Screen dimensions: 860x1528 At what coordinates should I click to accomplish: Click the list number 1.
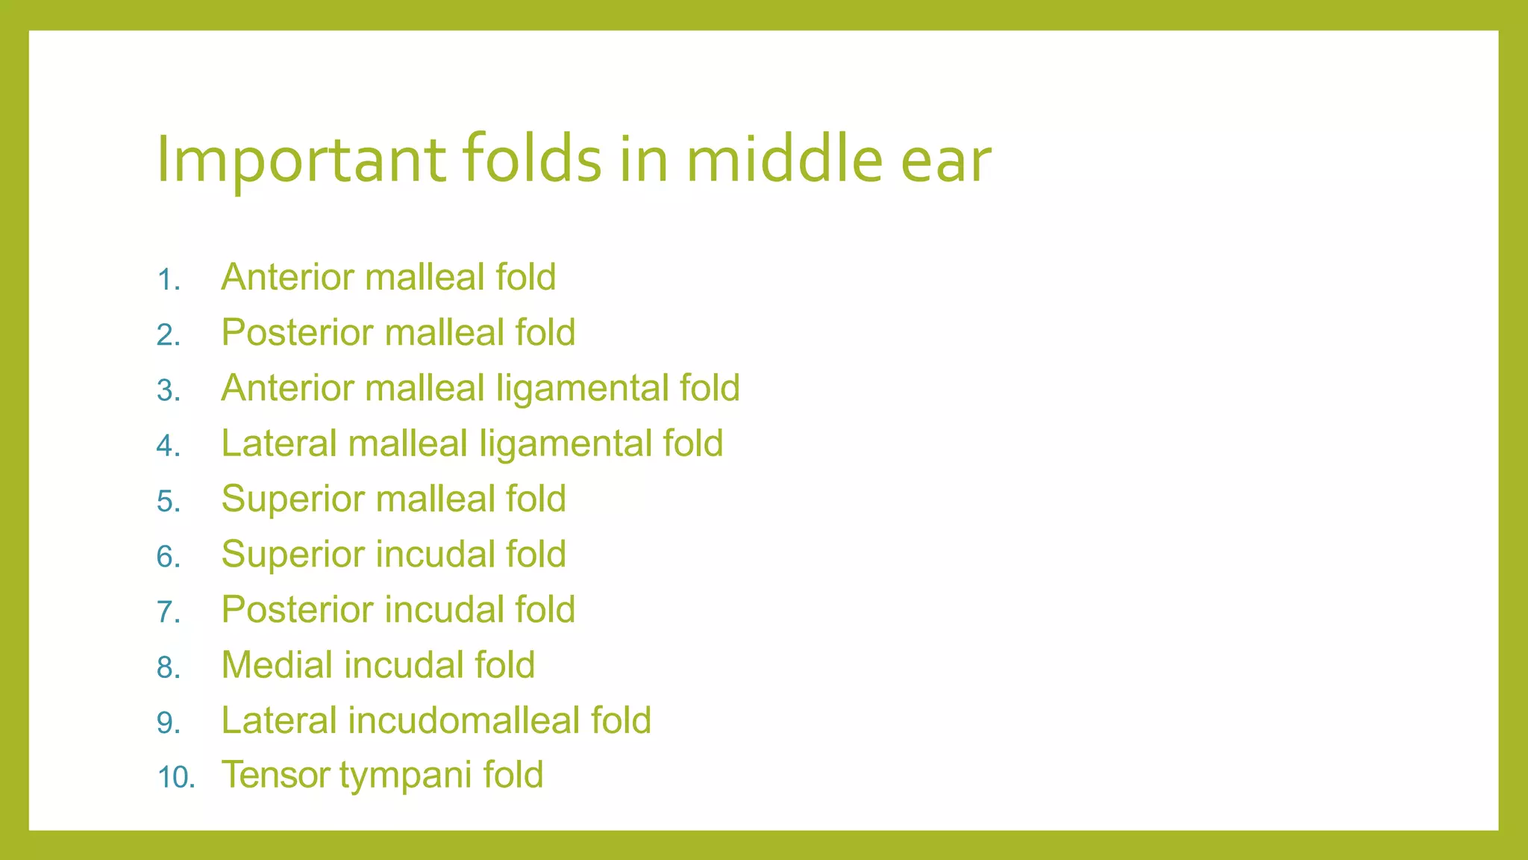click(x=169, y=280)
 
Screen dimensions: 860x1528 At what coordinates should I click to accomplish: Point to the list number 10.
click(x=176, y=778)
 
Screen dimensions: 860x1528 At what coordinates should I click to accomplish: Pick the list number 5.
click(x=169, y=501)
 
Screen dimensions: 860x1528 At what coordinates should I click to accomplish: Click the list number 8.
click(x=169, y=667)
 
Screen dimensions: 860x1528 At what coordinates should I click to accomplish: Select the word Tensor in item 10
click(x=275, y=775)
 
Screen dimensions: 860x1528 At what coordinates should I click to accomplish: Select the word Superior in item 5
click(x=294, y=499)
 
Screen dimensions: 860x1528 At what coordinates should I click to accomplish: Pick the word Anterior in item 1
click(x=287, y=277)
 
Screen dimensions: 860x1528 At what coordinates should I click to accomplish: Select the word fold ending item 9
click(x=621, y=720)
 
